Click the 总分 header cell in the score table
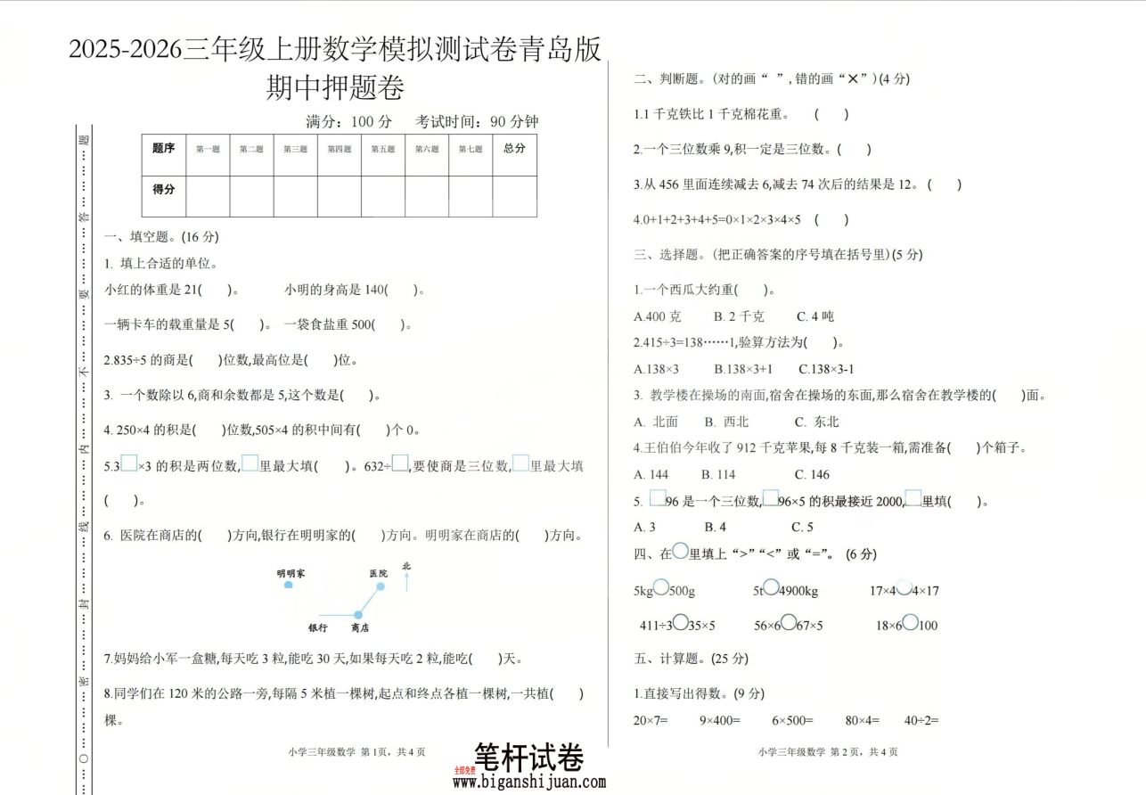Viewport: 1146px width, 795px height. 514,149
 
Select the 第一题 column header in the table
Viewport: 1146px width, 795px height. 208,150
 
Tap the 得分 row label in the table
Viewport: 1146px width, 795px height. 164,190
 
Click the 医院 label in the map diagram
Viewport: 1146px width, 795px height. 378,574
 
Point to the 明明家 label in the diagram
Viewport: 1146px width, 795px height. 291,574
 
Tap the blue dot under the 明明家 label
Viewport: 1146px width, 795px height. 288,586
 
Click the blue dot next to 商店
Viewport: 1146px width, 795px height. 358,615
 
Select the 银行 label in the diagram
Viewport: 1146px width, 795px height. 318,628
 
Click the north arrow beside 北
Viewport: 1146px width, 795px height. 407,580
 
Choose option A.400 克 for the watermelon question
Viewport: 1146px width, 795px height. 658,316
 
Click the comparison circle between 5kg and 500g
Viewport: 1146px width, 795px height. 661,588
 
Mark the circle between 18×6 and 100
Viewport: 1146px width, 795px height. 911,624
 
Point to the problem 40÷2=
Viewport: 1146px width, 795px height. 921,720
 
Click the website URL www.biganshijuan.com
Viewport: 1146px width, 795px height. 529,783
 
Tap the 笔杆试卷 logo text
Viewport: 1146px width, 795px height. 529,758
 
